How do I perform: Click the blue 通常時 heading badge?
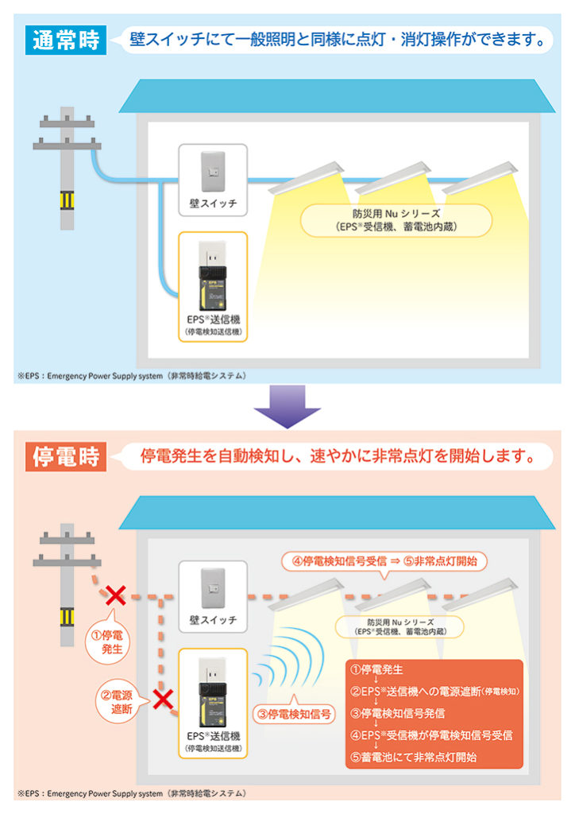(x=66, y=40)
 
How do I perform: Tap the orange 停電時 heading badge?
(x=66, y=457)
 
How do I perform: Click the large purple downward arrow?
(x=287, y=406)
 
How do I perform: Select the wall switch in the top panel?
(x=213, y=172)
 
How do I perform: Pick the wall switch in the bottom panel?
(x=213, y=588)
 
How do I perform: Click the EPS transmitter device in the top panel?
(x=213, y=276)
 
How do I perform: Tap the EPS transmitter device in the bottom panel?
(x=213, y=692)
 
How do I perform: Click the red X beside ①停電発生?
(x=116, y=595)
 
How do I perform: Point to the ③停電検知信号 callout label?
(x=295, y=714)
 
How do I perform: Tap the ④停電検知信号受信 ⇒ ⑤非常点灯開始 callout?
(x=384, y=562)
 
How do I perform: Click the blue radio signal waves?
(x=288, y=658)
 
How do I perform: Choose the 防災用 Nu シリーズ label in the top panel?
(x=396, y=220)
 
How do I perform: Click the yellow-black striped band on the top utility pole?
(x=67, y=200)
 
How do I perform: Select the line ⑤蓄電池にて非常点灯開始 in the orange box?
(x=414, y=758)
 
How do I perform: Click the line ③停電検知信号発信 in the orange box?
(x=398, y=713)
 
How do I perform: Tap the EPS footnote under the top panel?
(x=132, y=376)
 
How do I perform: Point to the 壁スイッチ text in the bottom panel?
(x=213, y=620)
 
